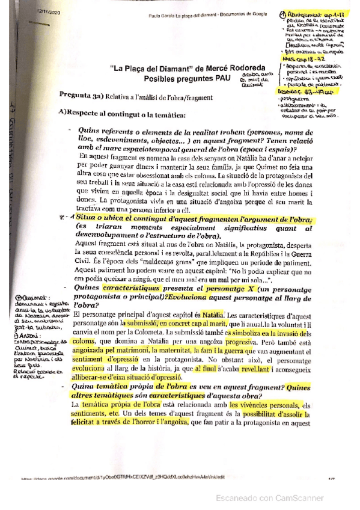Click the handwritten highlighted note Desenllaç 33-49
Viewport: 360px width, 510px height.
click(305, 91)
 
